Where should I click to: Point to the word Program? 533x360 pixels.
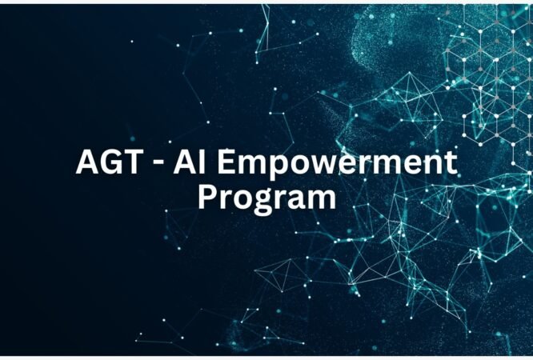(266, 197)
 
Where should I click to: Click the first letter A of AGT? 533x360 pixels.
(87, 163)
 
